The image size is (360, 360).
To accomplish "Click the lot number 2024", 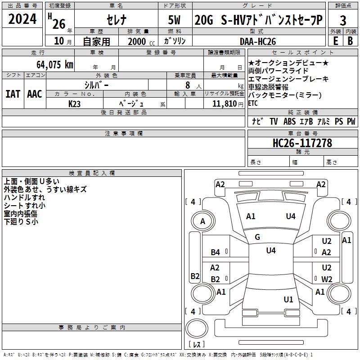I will [x=22, y=20].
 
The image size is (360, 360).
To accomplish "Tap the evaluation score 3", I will [x=343, y=21].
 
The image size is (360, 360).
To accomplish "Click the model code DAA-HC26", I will [x=257, y=41].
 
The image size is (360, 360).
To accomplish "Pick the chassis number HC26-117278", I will [x=302, y=143].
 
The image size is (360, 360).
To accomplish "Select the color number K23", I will [x=75, y=103].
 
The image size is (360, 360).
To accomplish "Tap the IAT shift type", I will [x=13, y=94].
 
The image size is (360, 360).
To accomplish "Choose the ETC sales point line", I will [x=253, y=103].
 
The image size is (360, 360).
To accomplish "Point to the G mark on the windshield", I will [x=257, y=237].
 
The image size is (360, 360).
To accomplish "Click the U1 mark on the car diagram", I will [x=288, y=299].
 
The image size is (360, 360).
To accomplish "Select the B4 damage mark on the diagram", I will [x=216, y=252].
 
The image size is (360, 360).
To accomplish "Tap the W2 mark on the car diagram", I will [x=327, y=279].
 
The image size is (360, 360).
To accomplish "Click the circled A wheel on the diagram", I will [x=202, y=221].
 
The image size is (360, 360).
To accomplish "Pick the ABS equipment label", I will [x=289, y=121].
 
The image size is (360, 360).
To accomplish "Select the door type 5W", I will [x=175, y=21].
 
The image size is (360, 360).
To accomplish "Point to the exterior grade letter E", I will [x=335, y=41].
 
